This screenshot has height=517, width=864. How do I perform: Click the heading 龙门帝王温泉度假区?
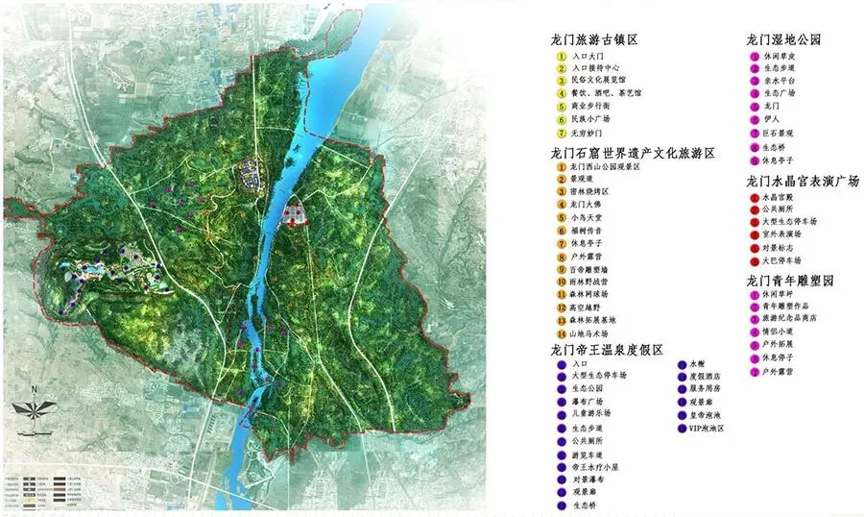point(607,350)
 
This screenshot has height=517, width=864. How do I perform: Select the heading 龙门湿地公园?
point(784,39)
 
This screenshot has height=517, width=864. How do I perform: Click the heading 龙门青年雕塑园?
point(791,280)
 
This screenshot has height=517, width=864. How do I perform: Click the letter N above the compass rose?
point(33,389)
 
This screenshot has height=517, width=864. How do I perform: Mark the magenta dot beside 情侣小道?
point(754,332)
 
